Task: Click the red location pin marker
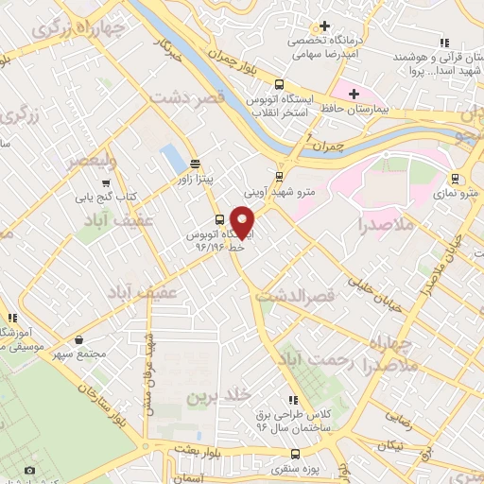click(x=244, y=223)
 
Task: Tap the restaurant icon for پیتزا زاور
click(x=195, y=162)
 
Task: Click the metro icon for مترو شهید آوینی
click(x=278, y=175)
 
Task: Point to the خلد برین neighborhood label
click(x=216, y=393)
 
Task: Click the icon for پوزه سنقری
click(x=291, y=452)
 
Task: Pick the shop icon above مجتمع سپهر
click(x=78, y=339)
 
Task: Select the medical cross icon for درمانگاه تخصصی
click(x=325, y=26)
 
